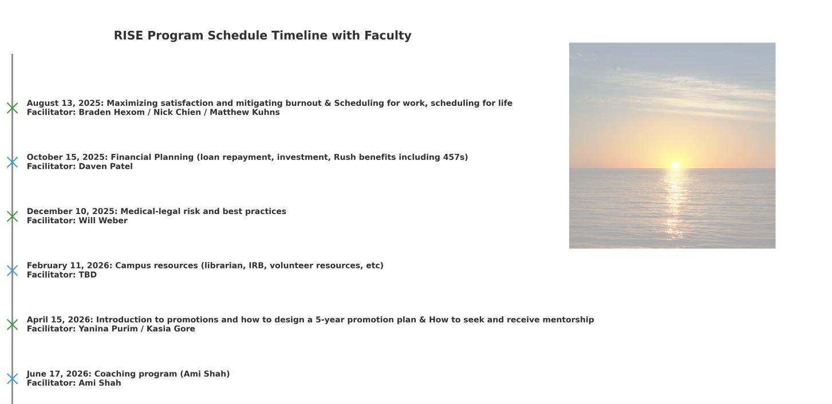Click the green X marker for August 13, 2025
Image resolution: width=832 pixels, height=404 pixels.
click(12, 108)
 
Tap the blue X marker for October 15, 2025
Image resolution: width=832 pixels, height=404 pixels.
click(12, 162)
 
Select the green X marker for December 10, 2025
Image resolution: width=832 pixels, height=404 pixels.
click(12, 216)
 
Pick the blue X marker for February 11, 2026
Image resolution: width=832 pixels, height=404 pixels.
click(12, 270)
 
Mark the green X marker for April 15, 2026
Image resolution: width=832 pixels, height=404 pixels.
click(12, 324)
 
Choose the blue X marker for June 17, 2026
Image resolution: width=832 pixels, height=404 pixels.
click(12, 379)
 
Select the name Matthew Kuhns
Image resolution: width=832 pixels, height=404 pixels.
click(245, 113)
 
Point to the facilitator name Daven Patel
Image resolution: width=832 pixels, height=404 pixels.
click(105, 167)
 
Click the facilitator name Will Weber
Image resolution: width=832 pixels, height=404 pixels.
click(103, 221)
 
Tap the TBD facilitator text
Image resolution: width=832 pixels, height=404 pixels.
click(88, 275)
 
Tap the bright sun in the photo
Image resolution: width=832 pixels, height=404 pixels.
click(676, 165)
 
